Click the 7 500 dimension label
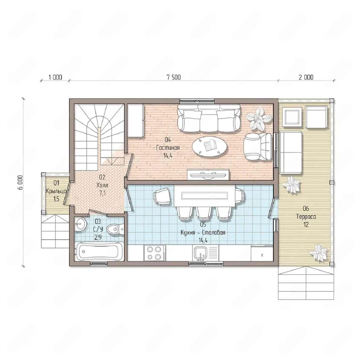point(173,77)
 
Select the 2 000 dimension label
point(306,77)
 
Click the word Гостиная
point(168,148)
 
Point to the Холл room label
point(102,185)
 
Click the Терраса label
point(306,217)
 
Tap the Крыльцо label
point(56,191)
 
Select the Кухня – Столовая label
point(203,233)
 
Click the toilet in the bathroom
point(115,229)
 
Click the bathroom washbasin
point(80,224)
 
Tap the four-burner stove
point(154,253)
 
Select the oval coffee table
point(210,146)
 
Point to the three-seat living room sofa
point(209,118)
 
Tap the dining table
point(204,196)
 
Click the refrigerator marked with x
point(262,253)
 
